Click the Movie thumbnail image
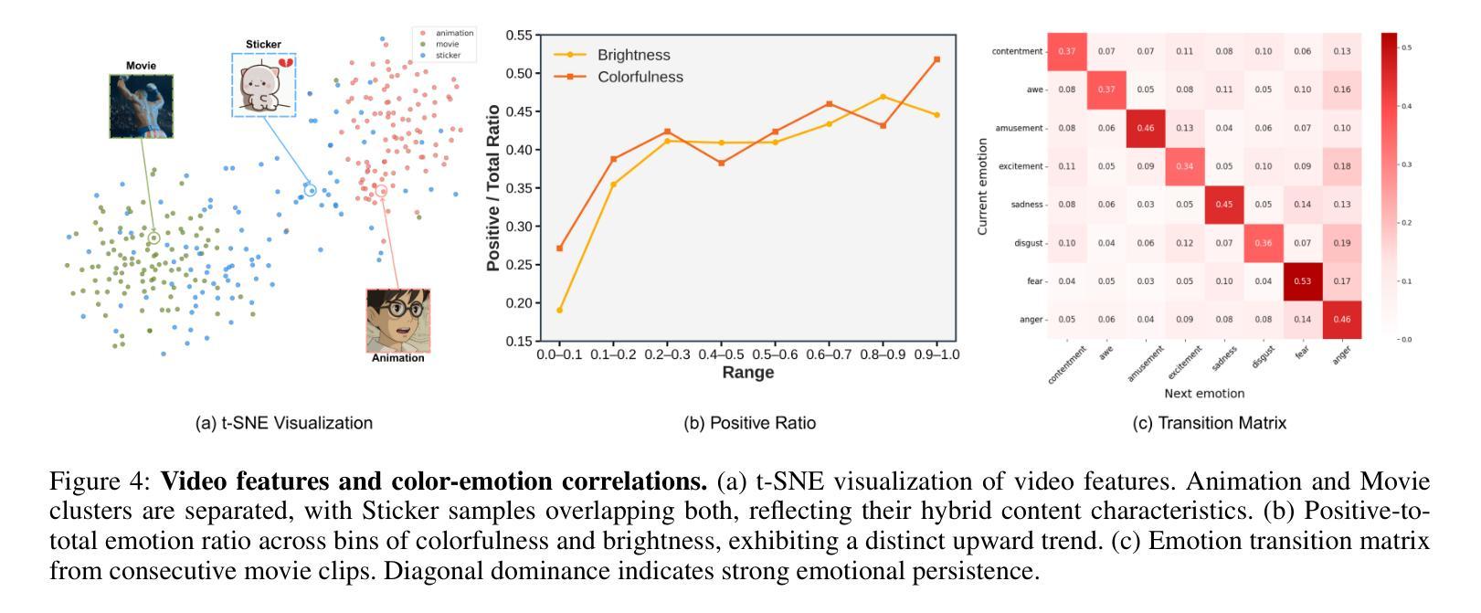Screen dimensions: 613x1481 coord(141,106)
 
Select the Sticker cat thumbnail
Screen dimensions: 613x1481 coord(264,84)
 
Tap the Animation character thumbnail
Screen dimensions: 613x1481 coord(398,321)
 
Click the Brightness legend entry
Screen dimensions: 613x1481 coord(632,55)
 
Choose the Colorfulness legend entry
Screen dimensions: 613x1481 coord(640,77)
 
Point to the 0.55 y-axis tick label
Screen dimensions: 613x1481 coord(518,36)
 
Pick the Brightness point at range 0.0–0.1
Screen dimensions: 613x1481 coord(559,311)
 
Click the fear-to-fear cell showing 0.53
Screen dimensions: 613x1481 coord(1303,281)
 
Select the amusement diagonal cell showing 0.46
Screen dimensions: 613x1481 coord(1145,128)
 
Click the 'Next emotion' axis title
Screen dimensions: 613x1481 coord(1204,394)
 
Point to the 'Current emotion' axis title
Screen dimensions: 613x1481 coord(983,186)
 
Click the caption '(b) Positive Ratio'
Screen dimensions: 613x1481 coord(749,423)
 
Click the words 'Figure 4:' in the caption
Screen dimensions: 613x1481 coord(101,481)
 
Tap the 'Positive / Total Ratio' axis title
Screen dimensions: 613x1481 coord(493,187)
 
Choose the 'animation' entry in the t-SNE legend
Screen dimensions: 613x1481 coord(454,33)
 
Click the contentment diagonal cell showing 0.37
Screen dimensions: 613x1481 coord(1066,51)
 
